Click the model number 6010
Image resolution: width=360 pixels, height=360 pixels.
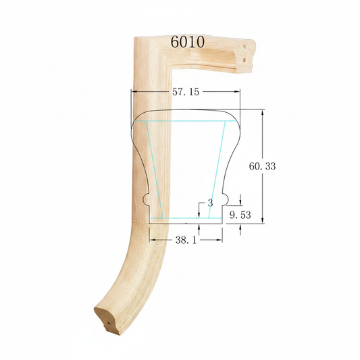coord(187,42)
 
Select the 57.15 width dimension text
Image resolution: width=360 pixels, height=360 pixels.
coord(186,92)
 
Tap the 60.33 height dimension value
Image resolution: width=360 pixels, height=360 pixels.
coord(262,166)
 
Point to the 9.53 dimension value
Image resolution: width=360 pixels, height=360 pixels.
coord(240,215)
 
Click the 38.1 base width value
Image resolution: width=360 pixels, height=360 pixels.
coord(186,240)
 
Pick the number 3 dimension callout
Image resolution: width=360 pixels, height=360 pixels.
coord(210,203)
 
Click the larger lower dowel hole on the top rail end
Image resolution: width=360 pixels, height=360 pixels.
coord(245,60)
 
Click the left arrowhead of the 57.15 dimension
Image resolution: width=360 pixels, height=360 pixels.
coord(134,92)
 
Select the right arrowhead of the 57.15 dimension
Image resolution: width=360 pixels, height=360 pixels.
coord(237,92)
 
